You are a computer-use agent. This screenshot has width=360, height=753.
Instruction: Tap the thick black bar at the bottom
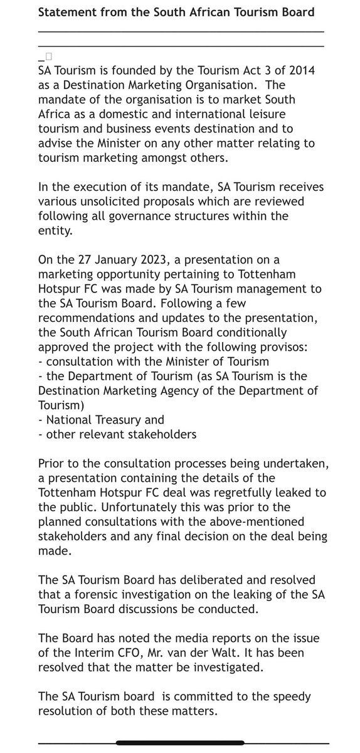click(179, 744)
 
